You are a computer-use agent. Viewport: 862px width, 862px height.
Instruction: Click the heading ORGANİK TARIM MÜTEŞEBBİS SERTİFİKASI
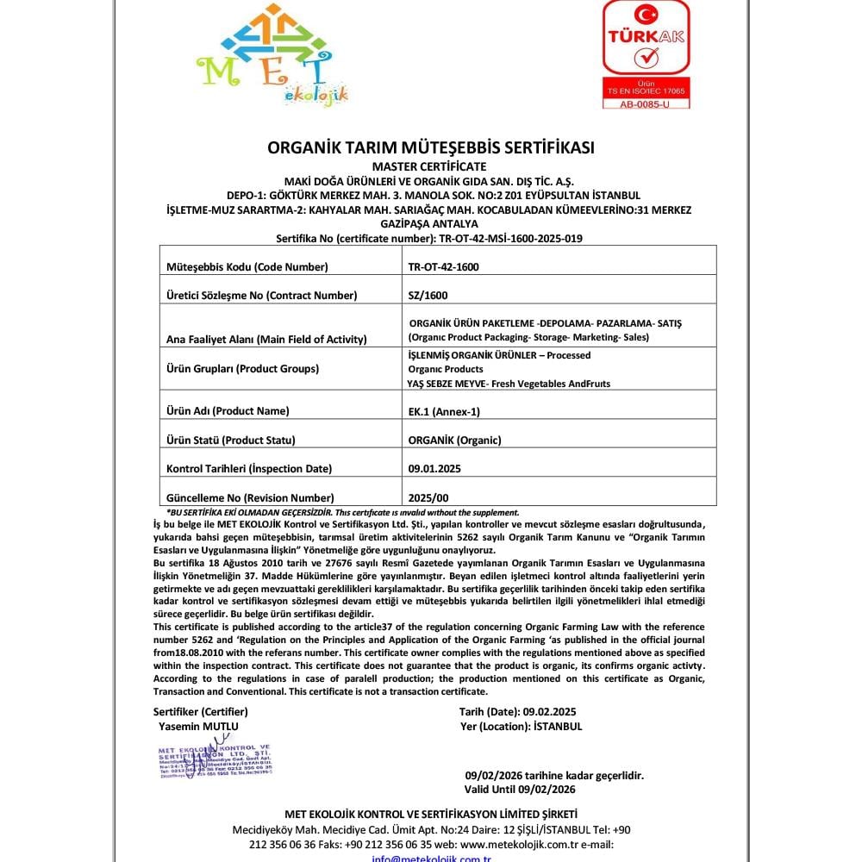(431, 147)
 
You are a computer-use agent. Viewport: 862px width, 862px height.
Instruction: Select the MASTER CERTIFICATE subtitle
(431, 166)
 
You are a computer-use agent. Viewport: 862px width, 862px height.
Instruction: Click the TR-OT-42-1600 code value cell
(443, 266)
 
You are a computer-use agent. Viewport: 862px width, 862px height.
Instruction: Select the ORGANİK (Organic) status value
(454, 440)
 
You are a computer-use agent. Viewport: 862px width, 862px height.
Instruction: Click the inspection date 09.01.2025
(434, 468)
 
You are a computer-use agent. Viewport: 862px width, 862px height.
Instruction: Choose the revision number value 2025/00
(428, 497)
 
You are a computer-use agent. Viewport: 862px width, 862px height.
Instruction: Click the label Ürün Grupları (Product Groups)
(241, 368)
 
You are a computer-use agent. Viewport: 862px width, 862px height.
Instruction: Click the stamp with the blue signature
(215, 759)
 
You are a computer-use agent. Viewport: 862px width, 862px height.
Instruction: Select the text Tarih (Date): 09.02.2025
(517, 711)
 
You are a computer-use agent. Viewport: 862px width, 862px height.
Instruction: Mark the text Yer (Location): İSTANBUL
(521, 726)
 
